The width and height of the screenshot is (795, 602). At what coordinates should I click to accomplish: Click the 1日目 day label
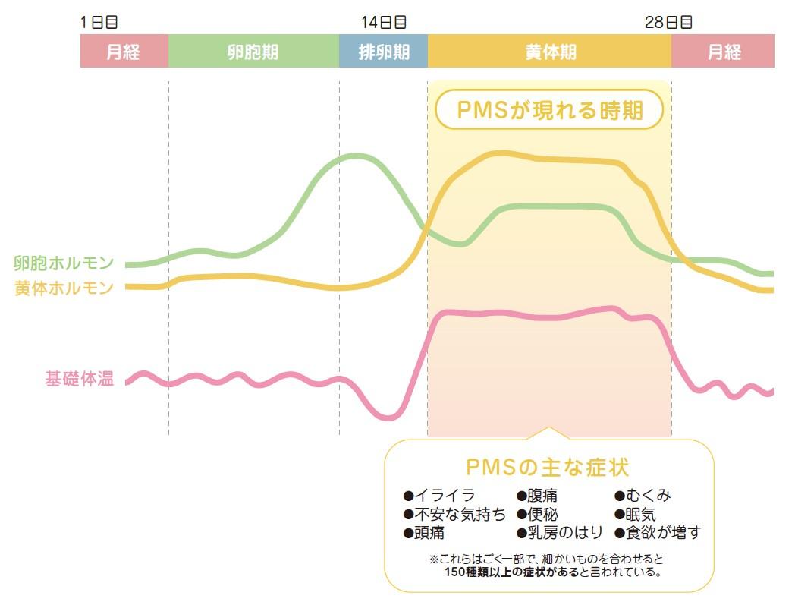pos(99,23)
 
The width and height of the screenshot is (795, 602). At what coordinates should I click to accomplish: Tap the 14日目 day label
pos(384,23)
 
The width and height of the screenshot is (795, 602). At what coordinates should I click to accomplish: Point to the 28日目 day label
pos(669,23)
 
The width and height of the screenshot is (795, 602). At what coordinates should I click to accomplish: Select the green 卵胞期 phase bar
pos(253,52)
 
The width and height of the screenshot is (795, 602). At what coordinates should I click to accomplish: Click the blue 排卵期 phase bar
pos(383,52)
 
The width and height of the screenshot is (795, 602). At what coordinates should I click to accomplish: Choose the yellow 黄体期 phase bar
pos(549,52)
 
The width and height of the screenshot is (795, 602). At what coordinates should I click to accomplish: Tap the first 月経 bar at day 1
pos(124,52)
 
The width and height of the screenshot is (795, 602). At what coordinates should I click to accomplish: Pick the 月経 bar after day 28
pos(723,52)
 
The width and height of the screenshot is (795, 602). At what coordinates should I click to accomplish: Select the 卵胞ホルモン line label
pos(64,263)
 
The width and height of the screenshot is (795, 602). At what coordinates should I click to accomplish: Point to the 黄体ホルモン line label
pos(64,288)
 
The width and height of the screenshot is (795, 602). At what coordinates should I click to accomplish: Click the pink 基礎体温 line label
pos(79,380)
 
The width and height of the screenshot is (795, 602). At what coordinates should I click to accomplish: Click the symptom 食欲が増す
pos(658,532)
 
